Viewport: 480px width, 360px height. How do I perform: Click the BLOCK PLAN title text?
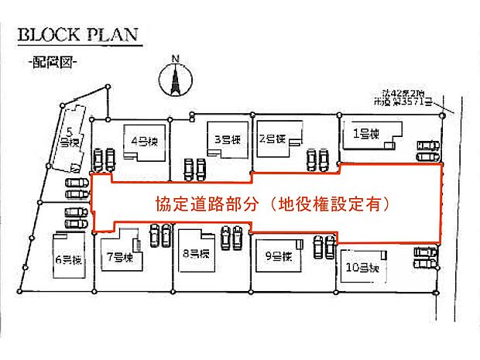[77, 36]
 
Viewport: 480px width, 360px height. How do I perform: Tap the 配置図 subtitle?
[52, 62]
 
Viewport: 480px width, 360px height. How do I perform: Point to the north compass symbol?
[175, 78]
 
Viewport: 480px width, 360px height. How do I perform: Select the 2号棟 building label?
[273, 139]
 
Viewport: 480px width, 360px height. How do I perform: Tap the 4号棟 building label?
[144, 141]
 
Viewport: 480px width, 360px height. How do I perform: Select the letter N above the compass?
[176, 58]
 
